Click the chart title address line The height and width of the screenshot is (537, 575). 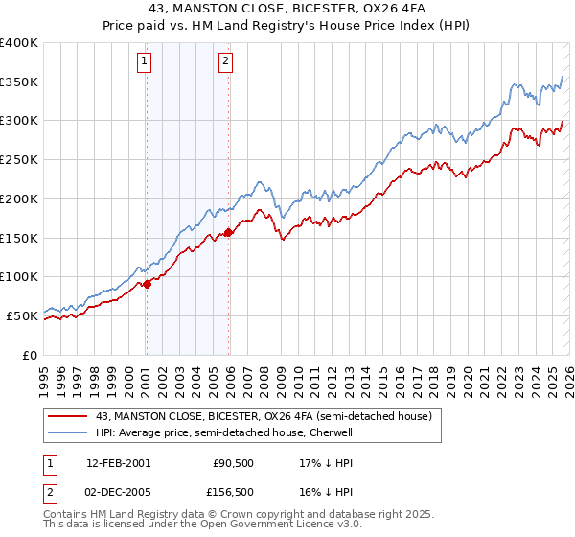tap(287, 9)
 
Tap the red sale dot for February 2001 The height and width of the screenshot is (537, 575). tap(147, 284)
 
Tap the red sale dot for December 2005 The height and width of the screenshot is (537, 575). tap(229, 232)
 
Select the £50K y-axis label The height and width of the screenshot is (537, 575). tap(22, 315)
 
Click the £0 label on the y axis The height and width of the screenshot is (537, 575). tap(31, 355)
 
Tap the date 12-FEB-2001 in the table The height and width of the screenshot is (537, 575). tap(118, 462)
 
